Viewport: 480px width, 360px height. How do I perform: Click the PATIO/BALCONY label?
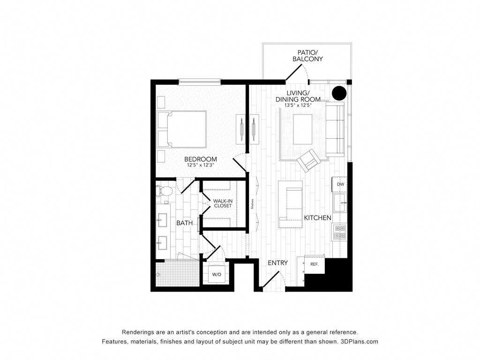click(307, 56)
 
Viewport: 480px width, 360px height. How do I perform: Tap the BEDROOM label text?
click(201, 159)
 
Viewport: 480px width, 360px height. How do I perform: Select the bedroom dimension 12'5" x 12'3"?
click(201, 165)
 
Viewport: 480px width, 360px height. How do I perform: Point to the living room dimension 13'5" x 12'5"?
click(298, 105)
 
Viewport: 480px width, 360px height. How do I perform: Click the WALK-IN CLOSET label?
click(223, 203)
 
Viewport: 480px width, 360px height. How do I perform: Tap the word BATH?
click(185, 223)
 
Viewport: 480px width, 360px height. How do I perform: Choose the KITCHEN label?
click(317, 217)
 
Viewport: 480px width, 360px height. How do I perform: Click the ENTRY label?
click(277, 262)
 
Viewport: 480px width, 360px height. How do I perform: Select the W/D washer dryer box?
click(217, 274)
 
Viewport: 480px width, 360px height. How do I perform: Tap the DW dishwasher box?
click(340, 184)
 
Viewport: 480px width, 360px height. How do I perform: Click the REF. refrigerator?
click(315, 264)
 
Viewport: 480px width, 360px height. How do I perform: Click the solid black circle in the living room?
click(339, 93)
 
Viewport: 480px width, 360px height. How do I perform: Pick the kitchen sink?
click(340, 202)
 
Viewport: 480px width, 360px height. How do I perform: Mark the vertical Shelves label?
click(252, 204)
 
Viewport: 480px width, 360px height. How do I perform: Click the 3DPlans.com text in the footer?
click(360, 341)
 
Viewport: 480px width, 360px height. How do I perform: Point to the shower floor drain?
click(159, 274)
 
